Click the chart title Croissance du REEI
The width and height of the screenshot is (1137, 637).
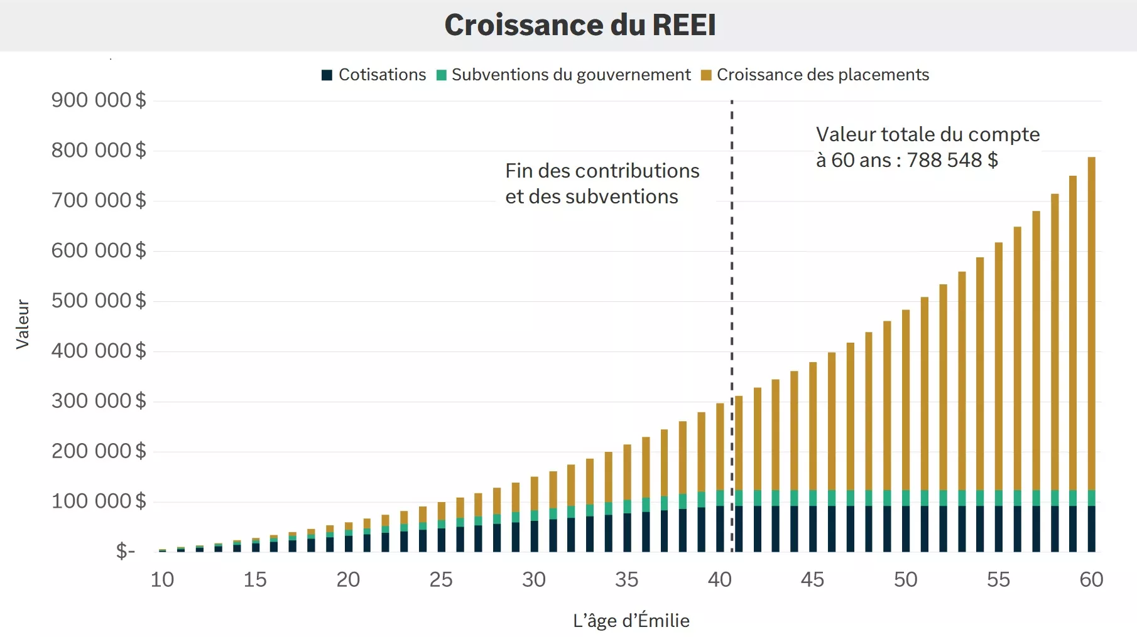(x=580, y=25)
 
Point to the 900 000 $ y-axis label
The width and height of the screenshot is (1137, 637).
(x=99, y=100)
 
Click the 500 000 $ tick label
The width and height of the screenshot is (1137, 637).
(x=99, y=301)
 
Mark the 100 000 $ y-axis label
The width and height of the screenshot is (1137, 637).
(x=99, y=501)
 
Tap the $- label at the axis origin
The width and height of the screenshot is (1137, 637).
(x=126, y=551)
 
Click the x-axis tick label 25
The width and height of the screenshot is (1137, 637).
(x=441, y=579)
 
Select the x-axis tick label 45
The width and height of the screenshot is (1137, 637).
(x=812, y=579)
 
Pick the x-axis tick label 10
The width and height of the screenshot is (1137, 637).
(x=162, y=579)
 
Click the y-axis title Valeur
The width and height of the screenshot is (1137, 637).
(x=23, y=324)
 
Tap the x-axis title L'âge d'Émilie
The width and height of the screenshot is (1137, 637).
(x=631, y=621)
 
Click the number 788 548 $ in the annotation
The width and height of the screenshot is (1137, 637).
(x=952, y=160)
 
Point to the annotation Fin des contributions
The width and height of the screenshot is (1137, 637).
(x=602, y=171)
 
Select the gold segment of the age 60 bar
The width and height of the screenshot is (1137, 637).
(x=1091, y=314)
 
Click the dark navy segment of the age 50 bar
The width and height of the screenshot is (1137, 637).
(x=906, y=528)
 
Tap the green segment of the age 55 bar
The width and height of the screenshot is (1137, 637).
(x=998, y=498)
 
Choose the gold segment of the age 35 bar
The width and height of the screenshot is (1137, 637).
(x=627, y=471)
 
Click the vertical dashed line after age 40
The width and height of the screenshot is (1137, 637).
(x=732, y=282)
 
